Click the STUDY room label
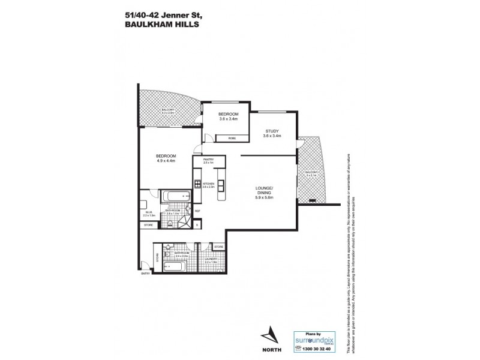[271, 133]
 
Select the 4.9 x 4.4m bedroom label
[166, 158]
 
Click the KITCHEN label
[208, 185]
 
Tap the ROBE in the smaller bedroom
[231, 138]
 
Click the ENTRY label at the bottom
[145, 274]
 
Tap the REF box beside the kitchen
[197, 211]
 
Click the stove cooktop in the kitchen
[197, 184]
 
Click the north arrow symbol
[271, 334]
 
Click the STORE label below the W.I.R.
[148, 225]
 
